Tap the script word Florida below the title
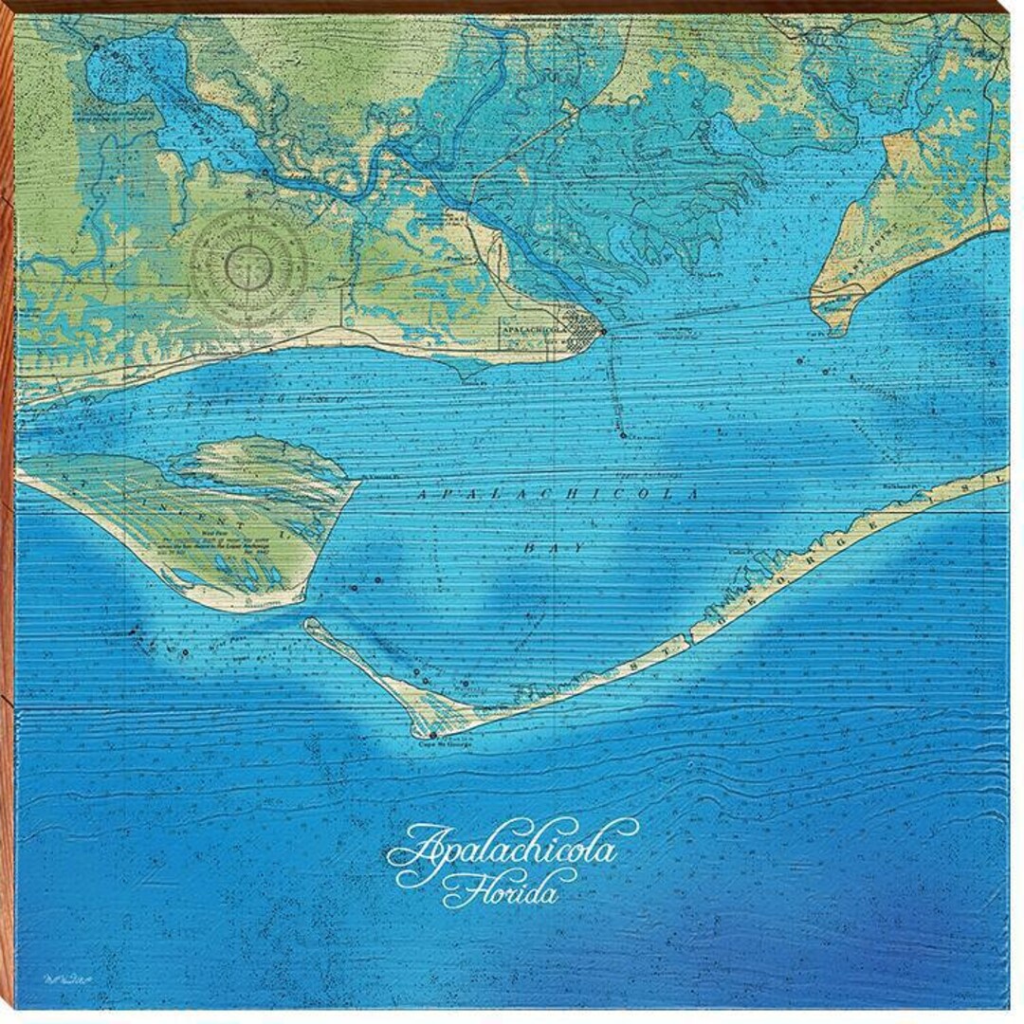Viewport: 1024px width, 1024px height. coord(500,891)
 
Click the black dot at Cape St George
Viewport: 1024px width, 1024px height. coord(432,734)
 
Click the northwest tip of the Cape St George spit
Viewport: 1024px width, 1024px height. coord(307,622)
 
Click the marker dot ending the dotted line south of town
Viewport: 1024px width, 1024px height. coord(623,435)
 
